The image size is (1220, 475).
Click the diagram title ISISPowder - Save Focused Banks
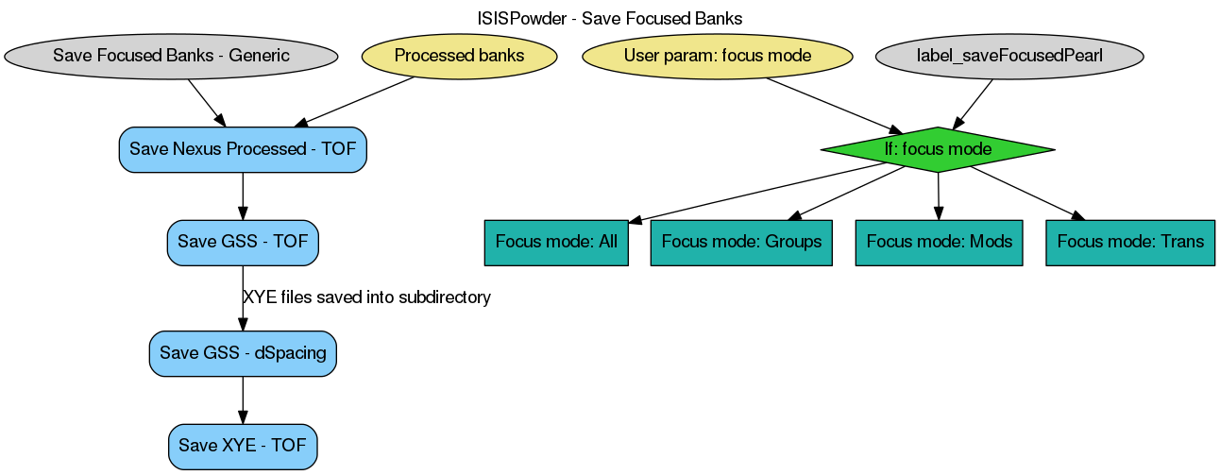610,18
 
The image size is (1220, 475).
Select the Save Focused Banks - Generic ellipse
171,56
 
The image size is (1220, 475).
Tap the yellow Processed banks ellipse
459,56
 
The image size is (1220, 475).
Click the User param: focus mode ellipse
718,56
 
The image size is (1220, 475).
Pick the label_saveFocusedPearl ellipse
1009,56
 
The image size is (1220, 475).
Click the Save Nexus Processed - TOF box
243,149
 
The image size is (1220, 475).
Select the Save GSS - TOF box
243,242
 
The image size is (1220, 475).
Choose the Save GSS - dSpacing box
243,353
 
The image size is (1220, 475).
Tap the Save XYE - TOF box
243,446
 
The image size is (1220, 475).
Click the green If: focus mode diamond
938,149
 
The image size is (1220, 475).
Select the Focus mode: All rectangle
556,242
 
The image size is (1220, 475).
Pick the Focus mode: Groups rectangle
741,242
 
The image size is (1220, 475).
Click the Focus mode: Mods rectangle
939,242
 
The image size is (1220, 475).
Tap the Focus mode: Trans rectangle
1130,242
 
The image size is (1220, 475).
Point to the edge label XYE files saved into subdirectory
366,297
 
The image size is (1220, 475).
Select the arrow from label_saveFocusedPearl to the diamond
973,103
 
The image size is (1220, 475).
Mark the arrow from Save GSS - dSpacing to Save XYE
243,399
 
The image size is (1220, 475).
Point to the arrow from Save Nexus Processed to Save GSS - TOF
243,195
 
